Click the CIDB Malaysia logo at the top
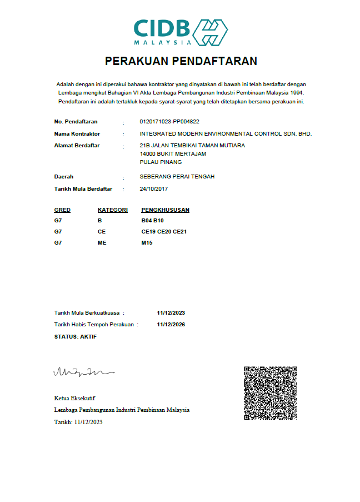pyautogui.click(x=180, y=32)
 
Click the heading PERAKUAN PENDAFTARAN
pyautogui.click(x=181, y=61)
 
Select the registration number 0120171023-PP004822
pyautogui.click(x=169, y=121)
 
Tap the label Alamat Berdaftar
pyautogui.click(x=77, y=146)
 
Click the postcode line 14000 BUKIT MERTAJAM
pyautogui.click(x=173, y=153)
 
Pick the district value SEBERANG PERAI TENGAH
pyautogui.click(x=177, y=176)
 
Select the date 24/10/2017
pyautogui.click(x=154, y=189)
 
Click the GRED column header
pyautogui.click(x=62, y=210)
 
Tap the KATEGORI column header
pyautogui.click(x=113, y=210)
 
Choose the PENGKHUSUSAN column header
pyautogui.click(x=166, y=210)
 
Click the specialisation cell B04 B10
pyautogui.click(x=153, y=221)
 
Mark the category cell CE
pyautogui.click(x=102, y=231)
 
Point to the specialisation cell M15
pyautogui.click(x=147, y=242)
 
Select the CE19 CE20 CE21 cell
pyautogui.click(x=164, y=231)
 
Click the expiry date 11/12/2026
pyautogui.click(x=171, y=324)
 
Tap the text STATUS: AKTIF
pyautogui.click(x=76, y=337)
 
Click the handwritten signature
pyautogui.click(x=83, y=371)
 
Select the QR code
pyautogui.click(x=271, y=393)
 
